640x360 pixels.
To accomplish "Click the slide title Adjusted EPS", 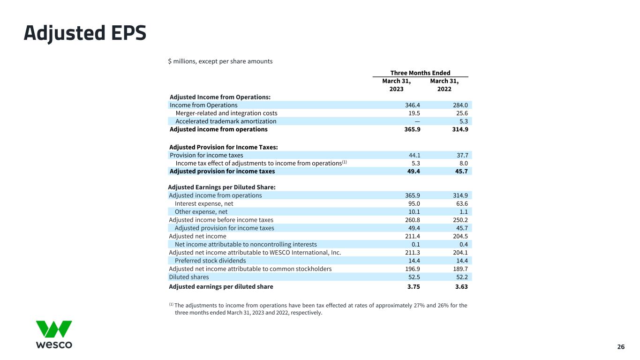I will click(x=85, y=33).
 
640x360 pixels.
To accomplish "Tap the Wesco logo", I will click(x=54, y=335).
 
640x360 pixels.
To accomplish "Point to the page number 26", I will click(x=621, y=347).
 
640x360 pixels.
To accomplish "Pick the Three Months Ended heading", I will click(x=420, y=73).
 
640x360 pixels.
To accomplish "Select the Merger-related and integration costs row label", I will click(x=226, y=113).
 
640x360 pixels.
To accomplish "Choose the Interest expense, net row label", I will click(x=204, y=204).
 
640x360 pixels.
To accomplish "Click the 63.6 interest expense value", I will click(x=460, y=204).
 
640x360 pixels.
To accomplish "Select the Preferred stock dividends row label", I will click(x=210, y=261).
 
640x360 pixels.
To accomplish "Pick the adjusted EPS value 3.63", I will click(x=460, y=287).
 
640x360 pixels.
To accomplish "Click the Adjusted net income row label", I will click(x=197, y=236).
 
